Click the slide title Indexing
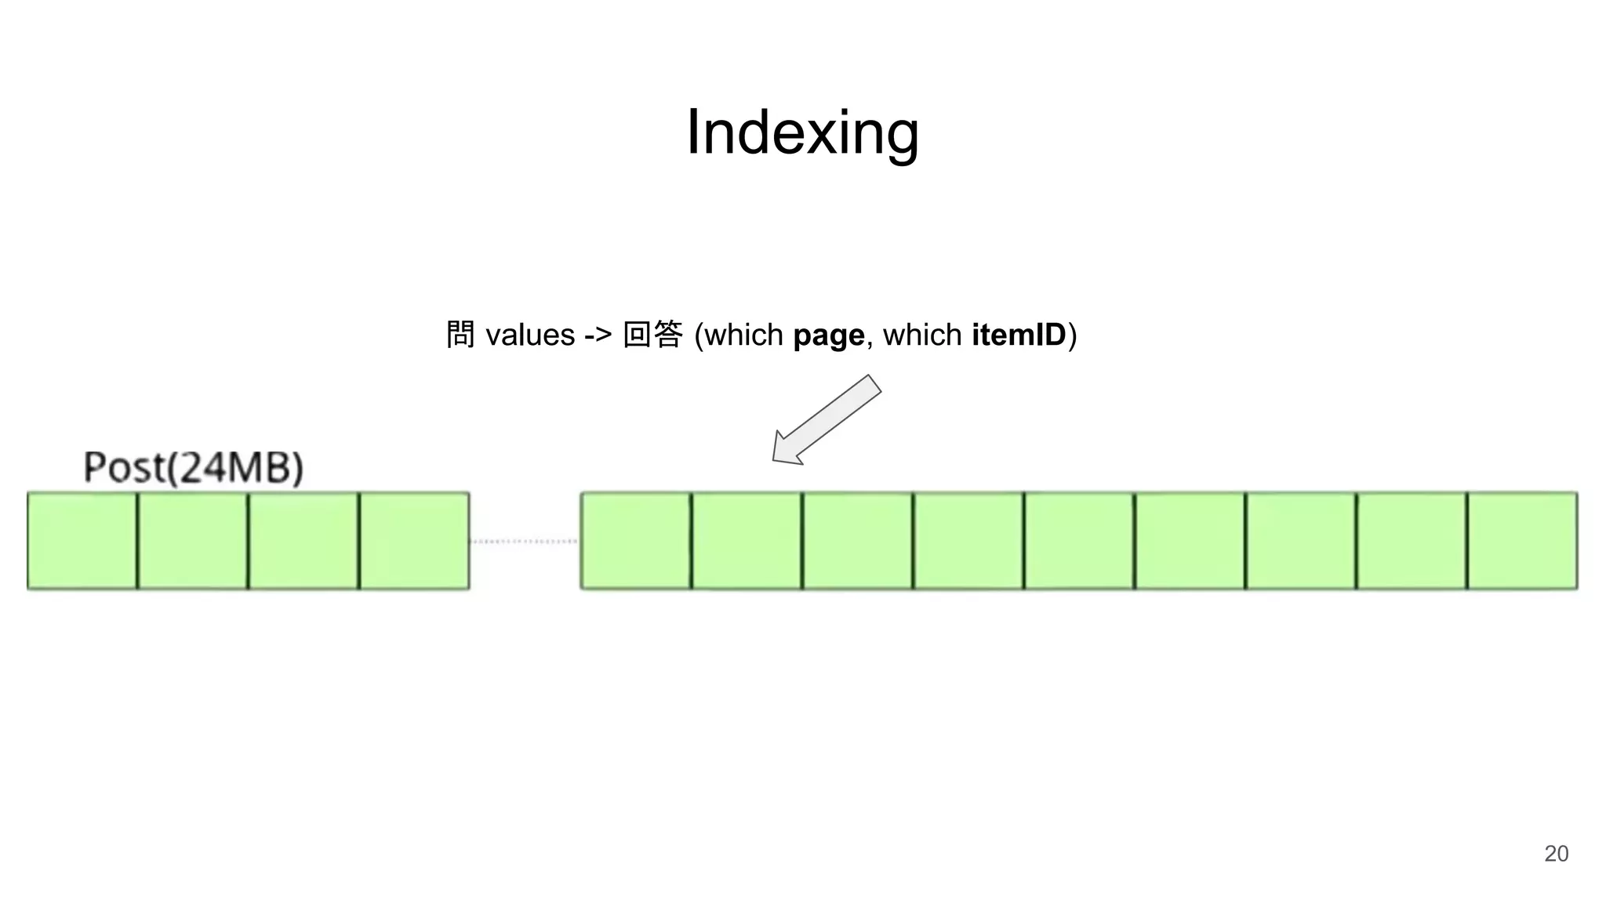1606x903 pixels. coord(802,132)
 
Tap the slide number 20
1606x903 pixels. coord(1556,854)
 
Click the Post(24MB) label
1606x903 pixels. coord(193,468)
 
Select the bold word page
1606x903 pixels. coord(828,335)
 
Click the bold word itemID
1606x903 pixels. coord(1018,335)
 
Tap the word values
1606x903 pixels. coord(530,335)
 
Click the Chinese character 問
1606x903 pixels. coord(460,335)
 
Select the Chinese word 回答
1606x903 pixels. coord(652,335)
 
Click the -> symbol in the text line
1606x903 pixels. coord(598,335)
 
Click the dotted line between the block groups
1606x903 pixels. coord(525,541)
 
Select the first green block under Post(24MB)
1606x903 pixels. coord(82,541)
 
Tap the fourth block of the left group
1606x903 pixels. coord(415,541)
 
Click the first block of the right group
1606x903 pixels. coord(636,541)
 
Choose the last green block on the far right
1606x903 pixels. coord(1522,541)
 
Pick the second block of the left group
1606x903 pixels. coord(193,541)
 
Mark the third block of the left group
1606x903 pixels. coord(303,541)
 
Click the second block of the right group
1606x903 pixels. coord(747,541)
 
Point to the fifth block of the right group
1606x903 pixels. coord(1079,541)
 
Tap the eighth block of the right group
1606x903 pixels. coord(1412,541)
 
